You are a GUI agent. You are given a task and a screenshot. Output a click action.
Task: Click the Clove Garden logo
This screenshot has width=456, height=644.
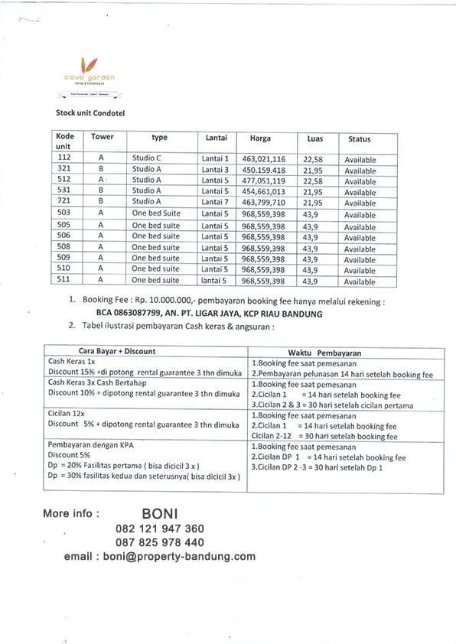[x=90, y=69]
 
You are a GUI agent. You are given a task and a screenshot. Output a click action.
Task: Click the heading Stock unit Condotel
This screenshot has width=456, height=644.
[x=90, y=112]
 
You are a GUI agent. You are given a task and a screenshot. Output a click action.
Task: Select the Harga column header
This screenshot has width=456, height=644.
[x=260, y=138]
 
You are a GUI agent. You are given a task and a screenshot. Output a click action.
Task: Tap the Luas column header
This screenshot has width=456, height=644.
[x=314, y=139]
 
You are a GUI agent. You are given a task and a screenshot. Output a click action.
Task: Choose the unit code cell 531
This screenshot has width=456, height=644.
[x=64, y=191]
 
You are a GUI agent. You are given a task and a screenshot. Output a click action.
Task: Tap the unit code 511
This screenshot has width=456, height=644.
[x=64, y=281]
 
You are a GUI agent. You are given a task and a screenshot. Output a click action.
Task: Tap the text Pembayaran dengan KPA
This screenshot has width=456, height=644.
[x=89, y=444]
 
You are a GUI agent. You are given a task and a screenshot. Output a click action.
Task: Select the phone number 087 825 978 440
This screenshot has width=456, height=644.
[x=160, y=542]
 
